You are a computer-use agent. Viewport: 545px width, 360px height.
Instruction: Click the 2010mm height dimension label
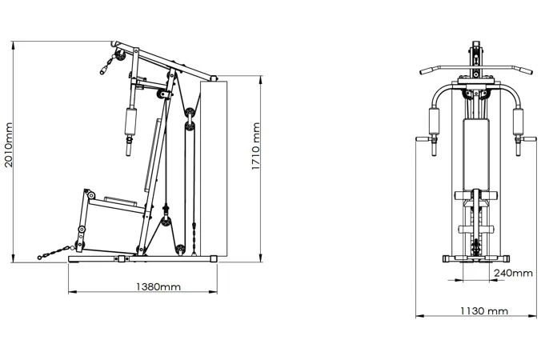click(x=8, y=145)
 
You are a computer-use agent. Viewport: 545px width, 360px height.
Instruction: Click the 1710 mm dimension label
click(x=256, y=146)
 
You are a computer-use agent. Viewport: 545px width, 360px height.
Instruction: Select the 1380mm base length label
click(x=158, y=287)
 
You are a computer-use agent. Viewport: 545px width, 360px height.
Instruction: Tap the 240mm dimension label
click(x=513, y=273)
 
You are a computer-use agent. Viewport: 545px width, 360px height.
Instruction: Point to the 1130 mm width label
click(x=484, y=310)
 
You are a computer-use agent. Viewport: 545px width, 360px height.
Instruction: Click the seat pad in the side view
click(x=120, y=201)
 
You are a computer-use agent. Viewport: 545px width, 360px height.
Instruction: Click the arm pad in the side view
click(x=130, y=122)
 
